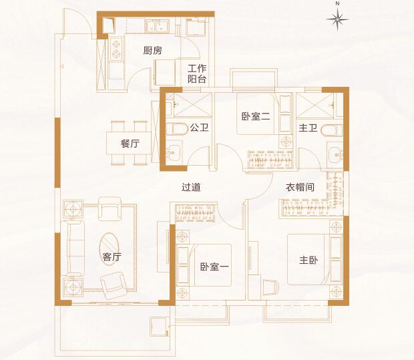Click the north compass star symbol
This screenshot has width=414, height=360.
coord(337,19)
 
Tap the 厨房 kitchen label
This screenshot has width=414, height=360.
coord(153,51)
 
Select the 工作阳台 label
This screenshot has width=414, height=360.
coord(197,73)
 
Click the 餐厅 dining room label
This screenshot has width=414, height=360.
coord(130,144)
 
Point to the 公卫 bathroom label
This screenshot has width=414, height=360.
coord(200,128)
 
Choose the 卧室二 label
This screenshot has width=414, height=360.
coord(256,116)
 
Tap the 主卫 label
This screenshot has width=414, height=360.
coord(308,128)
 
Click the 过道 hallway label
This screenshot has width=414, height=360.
coord(191,187)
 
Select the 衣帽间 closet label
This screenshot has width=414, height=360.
coord(300,187)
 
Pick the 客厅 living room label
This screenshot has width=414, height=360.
coord(112,256)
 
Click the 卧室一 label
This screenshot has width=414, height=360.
coord(214,266)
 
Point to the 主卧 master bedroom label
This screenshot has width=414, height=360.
coord(308,260)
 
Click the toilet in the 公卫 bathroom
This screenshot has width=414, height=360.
coord(177,129)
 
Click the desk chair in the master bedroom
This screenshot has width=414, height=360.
coord(270,287)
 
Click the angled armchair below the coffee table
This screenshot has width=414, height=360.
coord(114,285)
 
